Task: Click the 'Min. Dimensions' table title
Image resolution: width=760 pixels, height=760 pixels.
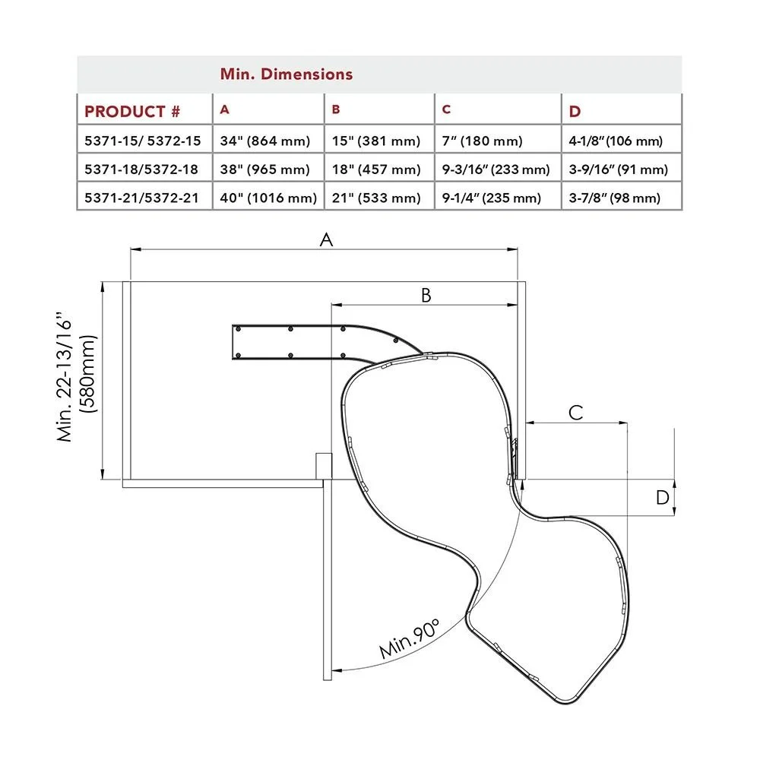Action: pyautogui.click(x=287, y=74)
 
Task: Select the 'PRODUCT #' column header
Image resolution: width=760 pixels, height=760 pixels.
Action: pyautogui.click(x=132, y=112)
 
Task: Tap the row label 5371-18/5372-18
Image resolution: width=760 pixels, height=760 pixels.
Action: pyautogui.click(x=141, y=169)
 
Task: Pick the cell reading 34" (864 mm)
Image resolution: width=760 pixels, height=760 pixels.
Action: pyautogui.click(x=265, y=141)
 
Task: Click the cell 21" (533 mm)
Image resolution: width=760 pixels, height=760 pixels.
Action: pyautogui.click(x=376, y=198)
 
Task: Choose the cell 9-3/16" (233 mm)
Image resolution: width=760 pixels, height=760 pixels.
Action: pyautogui.click(x=496, y=169)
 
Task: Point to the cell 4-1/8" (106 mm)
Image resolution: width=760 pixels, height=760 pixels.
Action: pyautogui.click(x=616, y=141)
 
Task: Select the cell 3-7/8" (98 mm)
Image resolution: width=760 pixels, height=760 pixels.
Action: pyautogui.click(x=615, y=198)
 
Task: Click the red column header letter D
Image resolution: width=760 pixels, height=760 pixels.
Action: pyautogui.click(x=575, y=112)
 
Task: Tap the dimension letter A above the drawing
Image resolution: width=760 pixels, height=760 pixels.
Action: pyautogui.click(x=326, y=239)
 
